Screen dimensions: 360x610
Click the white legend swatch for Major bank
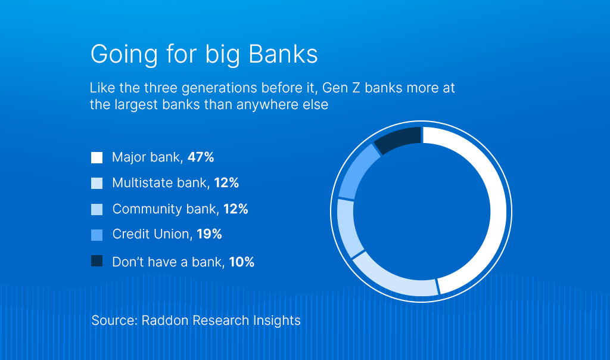coord(97,158)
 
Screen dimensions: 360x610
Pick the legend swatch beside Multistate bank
coord(97,184)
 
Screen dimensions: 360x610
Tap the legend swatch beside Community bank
coord(97,209)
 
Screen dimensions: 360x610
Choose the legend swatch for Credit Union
coord(97,235)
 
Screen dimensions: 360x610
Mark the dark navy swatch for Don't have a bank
coord(97,261)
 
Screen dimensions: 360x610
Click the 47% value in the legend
coord(201,158)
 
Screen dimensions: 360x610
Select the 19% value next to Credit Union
coord(209,235)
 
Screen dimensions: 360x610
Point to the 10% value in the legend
coord(241,262)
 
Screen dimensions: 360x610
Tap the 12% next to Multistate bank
coord(226,184)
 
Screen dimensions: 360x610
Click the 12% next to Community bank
coord(235,209)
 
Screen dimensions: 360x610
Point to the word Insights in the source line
coord(278,321)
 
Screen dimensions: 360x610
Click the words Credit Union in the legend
coord(150,235)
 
